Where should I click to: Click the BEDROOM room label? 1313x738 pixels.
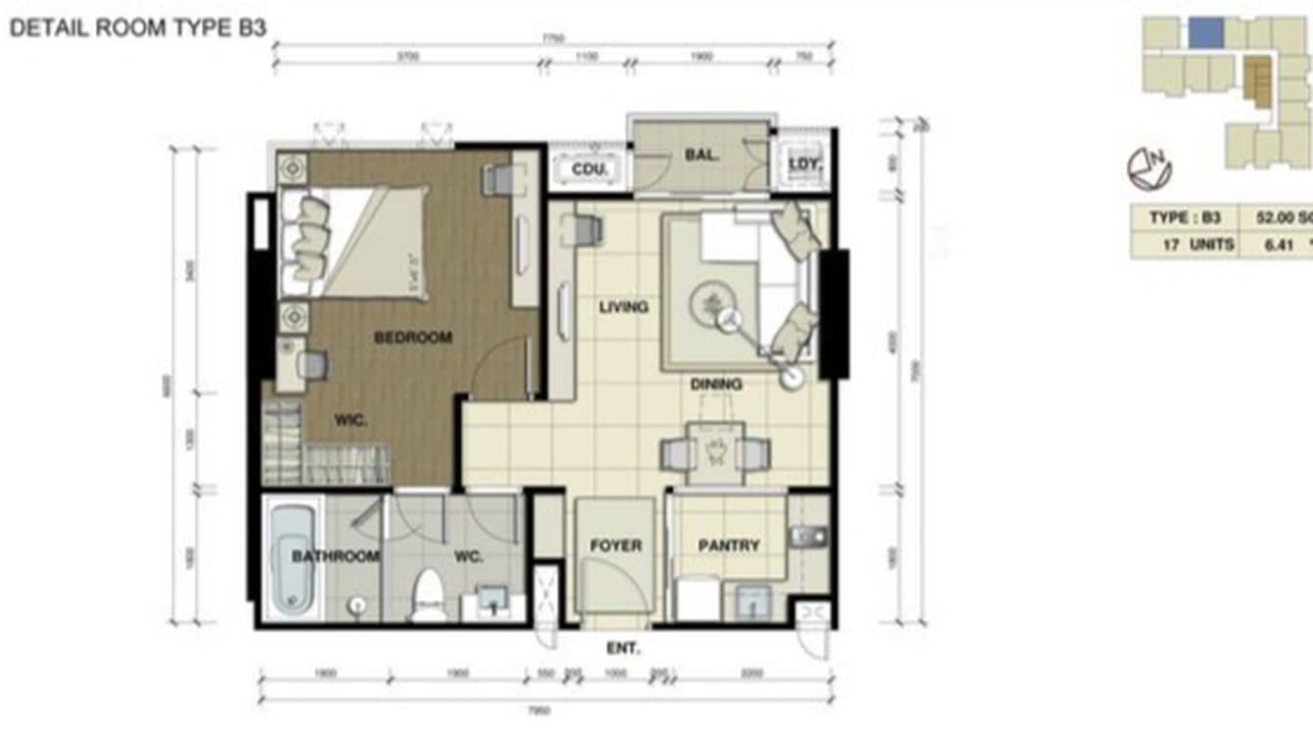click(x=413, y=338)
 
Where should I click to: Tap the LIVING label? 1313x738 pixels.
click(x=623, y=307)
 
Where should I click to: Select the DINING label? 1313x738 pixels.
click(x=716, y=385)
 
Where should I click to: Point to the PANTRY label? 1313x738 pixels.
click(x=728, y=545)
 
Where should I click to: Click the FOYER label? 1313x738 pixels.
click(x=615, y=545)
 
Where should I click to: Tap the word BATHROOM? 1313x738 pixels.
click(x=336, y=556)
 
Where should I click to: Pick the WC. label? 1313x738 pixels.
click(x=469, y=556)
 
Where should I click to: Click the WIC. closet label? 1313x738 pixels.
click(x=350, y=421)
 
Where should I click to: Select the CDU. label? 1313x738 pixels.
click(x=590, y=169)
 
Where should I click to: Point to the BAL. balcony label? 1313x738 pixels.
click(x=702, y=155)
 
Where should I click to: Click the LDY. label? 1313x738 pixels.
click(x=804, y=163)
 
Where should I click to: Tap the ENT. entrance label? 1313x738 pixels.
click(x=623, y=648)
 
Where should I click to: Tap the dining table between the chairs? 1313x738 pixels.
click(x=715, y=452)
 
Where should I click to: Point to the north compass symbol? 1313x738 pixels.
click(x=1149, y=169)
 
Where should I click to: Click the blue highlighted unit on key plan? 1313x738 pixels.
click(x=1206, y=33)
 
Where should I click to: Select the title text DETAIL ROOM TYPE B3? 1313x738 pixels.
click(x=138, y=27)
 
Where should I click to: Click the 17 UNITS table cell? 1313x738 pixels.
click(x=1198, y=245)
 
